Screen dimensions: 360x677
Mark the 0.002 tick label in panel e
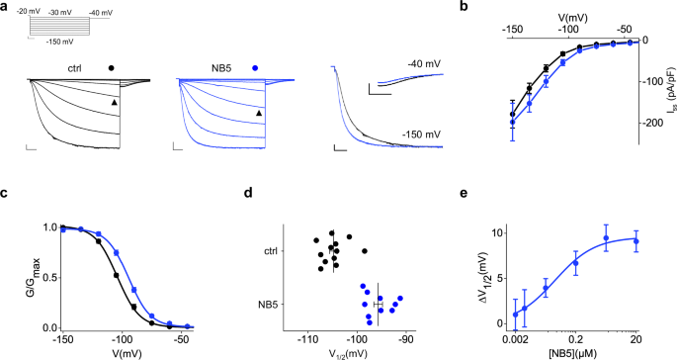coord(515,338)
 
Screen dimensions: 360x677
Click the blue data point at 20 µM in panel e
coord(637,240)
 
